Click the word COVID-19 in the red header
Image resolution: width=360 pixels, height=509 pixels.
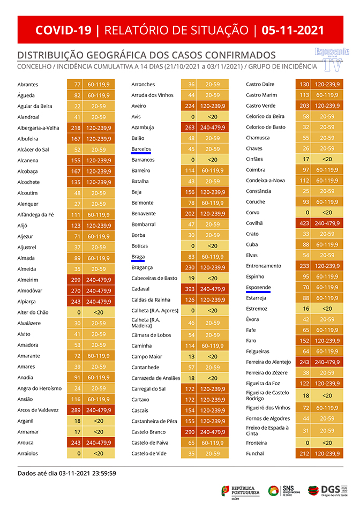tap(63, 30)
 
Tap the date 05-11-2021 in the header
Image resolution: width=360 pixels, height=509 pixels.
tap(293, 30)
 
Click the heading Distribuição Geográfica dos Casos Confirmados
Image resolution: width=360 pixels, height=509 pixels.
tap(147, 55)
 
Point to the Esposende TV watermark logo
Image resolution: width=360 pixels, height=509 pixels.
tap(332, 58)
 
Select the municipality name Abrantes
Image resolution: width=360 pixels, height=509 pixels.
tap(28, 85)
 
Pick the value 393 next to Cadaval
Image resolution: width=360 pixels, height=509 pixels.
tap(190, 289)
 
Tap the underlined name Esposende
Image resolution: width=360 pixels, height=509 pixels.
tap(258, 288)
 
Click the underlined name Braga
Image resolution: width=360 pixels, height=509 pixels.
tap(138, 257)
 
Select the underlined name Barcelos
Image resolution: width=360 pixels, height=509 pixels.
tap(141, 149)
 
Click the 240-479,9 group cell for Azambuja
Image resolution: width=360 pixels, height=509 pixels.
tap(213, 128)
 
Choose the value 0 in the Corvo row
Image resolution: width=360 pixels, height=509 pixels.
tap(306, 213)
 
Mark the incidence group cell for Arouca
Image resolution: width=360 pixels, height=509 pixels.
tap(99, 443)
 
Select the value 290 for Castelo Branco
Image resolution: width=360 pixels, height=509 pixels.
tap(190, 432)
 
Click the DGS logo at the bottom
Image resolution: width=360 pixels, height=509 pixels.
tap(327, 490)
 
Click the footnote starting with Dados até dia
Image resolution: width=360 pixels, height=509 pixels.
tap(67, 473)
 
